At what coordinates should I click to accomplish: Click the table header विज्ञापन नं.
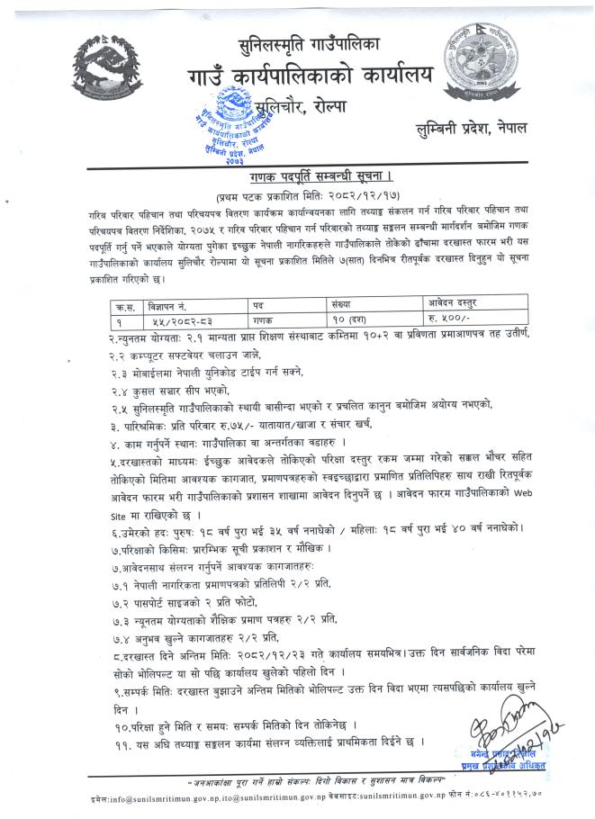[170, 306]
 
